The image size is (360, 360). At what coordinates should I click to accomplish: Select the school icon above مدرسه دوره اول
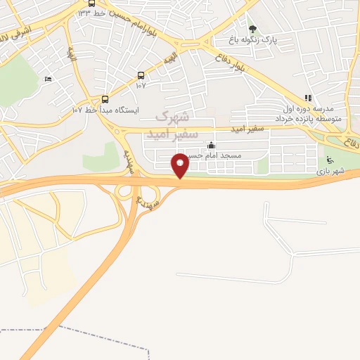coord(307,98)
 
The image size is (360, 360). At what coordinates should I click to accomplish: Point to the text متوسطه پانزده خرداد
coord(314,119)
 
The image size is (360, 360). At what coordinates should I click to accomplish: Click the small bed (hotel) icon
coord(48,79)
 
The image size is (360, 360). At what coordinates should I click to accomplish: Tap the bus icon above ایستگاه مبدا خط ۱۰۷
coord(105,99)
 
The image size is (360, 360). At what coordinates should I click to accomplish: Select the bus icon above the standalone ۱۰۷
coord(141,75)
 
